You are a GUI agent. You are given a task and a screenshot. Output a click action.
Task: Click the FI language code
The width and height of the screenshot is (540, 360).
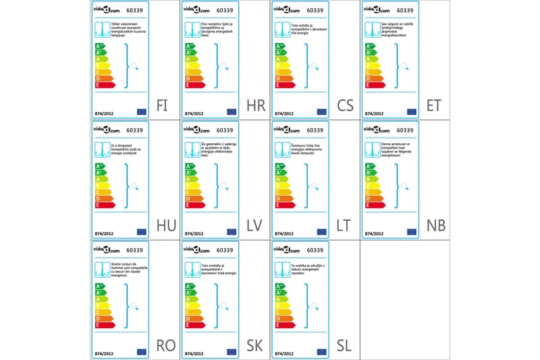click(162, 106)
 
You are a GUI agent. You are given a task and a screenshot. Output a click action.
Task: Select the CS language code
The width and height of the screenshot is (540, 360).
click(345, 106)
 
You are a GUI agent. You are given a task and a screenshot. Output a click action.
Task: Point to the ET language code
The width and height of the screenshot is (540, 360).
click(434, 106)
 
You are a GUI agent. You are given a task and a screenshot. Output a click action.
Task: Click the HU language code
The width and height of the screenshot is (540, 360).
click(165, 226)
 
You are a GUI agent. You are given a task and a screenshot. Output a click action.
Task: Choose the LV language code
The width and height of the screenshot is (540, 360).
click(254, 226)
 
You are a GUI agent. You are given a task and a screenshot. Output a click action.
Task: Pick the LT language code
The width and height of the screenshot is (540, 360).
click(344, 226)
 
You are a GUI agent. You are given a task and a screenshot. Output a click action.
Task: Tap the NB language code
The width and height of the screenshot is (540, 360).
click(435, 226)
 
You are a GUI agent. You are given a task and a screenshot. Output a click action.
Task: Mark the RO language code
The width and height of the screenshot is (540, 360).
click(165, 345)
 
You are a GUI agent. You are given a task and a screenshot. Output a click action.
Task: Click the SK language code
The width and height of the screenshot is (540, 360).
click(254, 345)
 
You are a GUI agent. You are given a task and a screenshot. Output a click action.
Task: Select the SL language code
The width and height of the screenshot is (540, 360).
click(344, 345)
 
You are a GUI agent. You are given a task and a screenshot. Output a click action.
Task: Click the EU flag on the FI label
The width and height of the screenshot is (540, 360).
click(142, 111)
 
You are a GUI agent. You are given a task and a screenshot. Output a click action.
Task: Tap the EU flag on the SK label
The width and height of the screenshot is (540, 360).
click(232, 351)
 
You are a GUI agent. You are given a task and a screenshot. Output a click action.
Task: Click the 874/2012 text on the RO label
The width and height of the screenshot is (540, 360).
click(104, 351)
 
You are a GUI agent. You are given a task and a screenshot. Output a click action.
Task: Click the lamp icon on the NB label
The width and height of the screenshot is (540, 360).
click(369, 149)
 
